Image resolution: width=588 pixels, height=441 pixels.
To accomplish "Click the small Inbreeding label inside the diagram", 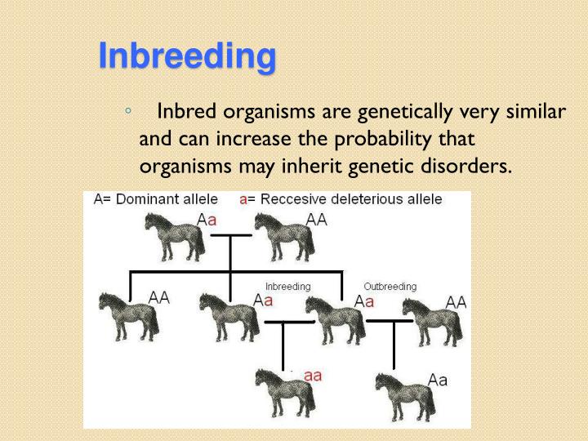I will (x=287, y=287).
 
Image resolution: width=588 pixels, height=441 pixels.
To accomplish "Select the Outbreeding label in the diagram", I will (x=390, y=287).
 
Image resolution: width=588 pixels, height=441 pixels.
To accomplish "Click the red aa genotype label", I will (x=313, y=376).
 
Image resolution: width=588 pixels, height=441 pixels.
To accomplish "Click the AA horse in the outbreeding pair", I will (x=433, y=320).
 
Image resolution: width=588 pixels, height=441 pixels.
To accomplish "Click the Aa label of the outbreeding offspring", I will (x=438, y=380).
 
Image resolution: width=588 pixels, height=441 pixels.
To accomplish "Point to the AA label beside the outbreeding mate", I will (x=456, y=302).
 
